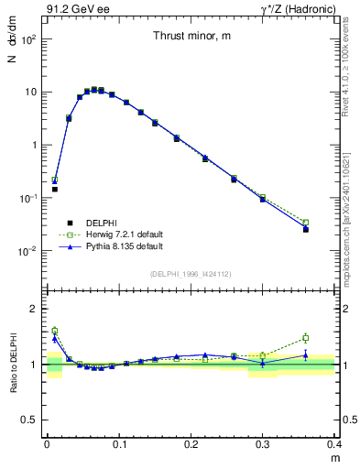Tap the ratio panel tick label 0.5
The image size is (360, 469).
coord(29,420)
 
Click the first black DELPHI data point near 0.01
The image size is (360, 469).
coord(54,190)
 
